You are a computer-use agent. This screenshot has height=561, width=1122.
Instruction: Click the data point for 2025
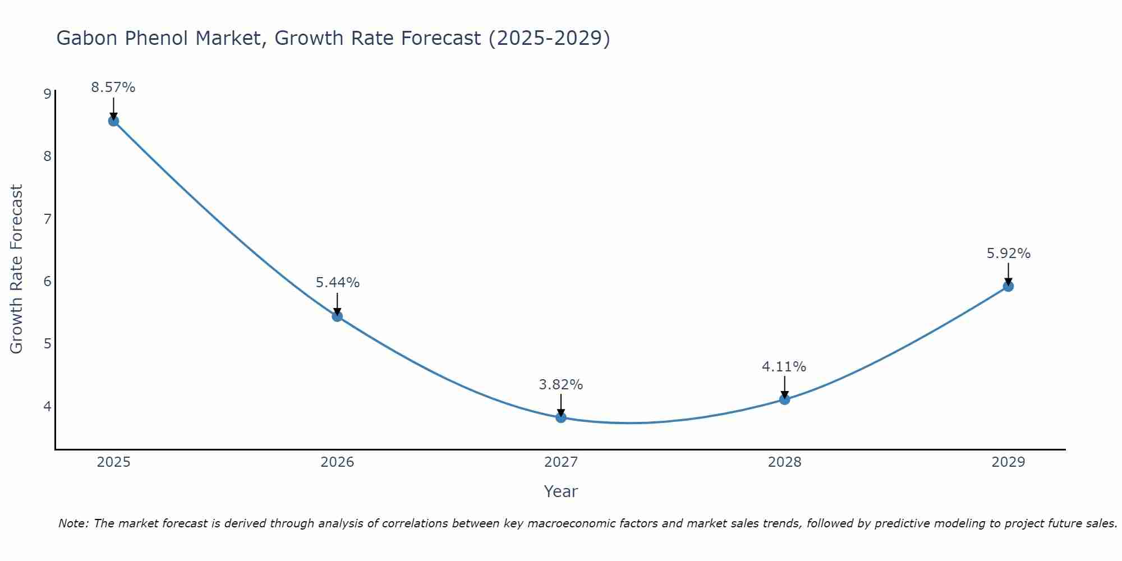[113, 121]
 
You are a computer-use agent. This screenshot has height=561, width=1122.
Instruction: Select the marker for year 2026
[337, 316]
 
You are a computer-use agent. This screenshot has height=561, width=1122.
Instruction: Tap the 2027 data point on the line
[561, 417]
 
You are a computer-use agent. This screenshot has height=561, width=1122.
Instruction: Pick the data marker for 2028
[784, 399]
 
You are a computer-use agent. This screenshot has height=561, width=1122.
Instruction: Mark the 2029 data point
[1008, 287]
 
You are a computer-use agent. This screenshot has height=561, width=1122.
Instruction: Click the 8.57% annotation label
[113, 88]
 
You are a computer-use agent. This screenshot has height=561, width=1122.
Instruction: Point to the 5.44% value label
[337, 283]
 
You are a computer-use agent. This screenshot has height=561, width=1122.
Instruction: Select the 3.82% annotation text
[561, 385]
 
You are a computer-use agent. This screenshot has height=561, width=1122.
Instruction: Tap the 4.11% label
[784, 367]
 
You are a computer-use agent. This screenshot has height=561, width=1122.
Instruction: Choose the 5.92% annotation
[1008, 254]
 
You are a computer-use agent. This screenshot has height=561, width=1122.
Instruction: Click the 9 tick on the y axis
[47, 94]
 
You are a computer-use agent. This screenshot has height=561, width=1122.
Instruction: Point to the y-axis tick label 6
[47, 281]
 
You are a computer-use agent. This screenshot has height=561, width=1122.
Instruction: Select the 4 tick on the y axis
[47, 406]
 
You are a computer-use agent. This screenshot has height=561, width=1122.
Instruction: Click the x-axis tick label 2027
[561, 462]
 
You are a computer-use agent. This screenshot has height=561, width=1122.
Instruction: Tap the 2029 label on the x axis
[1008, 462]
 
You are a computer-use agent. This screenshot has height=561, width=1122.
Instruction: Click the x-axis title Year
[561, 491]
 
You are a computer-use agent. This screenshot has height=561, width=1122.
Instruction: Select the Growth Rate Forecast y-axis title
[17, 269]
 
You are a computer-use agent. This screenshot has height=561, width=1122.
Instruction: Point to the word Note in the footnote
[73, 523]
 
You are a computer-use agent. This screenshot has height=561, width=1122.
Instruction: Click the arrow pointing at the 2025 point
[113, 108]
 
